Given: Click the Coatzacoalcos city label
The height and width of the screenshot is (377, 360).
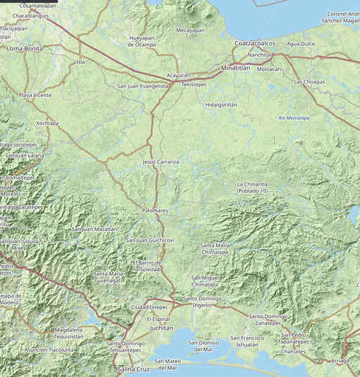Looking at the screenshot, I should coord(255,44).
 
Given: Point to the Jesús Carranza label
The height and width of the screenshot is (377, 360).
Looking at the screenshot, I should coord(161,163).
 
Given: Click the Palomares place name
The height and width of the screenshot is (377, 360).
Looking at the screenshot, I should coord(155,210).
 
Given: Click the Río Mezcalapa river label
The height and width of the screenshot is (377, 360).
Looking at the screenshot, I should coord(294,117).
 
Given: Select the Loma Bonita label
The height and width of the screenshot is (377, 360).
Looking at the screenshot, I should coord(24,48).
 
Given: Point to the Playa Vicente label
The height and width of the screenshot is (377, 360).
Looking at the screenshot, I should coord(35,95).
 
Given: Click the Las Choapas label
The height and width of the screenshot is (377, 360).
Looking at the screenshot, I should coord(310,82).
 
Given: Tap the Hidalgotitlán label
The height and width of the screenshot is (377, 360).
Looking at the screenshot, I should coord(221,104).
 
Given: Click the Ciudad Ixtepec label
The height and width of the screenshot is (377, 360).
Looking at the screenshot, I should coord(149,307).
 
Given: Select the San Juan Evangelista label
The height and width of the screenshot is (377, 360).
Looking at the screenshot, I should coord(143,86).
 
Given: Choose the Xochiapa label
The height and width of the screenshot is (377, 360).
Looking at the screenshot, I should coord(47,123).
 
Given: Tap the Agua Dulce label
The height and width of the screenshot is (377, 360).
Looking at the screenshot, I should coord(301,44).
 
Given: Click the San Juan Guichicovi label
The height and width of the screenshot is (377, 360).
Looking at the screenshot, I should coord(150,240).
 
